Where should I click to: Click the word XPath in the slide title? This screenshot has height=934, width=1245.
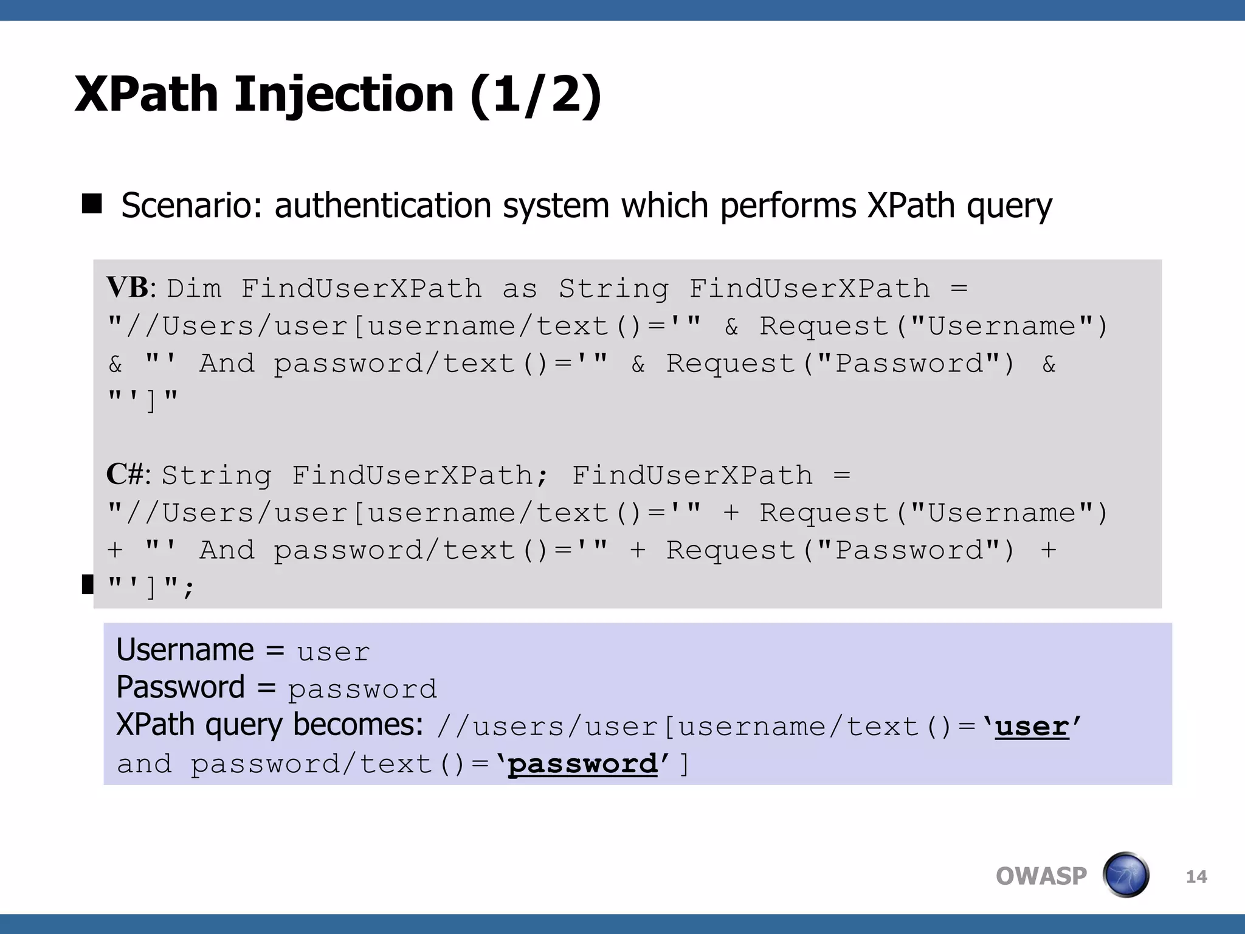[x=146, y=94]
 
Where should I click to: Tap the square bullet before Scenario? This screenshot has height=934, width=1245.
[x=92, y=204]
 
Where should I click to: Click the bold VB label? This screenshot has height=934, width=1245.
[x=128, y=288]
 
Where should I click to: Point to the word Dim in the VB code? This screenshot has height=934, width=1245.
[x=194, y=289]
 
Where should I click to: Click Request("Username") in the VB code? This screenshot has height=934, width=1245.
[x=933, y=327]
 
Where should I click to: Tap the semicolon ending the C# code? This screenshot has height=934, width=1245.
[x=188, y=589]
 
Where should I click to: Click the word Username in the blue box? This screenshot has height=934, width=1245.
[x=185, y=650]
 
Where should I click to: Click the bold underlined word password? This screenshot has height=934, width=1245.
[x=582, y=764]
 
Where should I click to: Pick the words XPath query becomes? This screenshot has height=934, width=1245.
[x=269, y=725]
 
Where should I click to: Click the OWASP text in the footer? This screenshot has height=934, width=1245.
[x=1041, y=876]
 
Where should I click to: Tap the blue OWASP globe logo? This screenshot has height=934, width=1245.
[x=1126, y=875]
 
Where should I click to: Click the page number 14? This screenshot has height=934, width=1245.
[x=1196, y=877]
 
